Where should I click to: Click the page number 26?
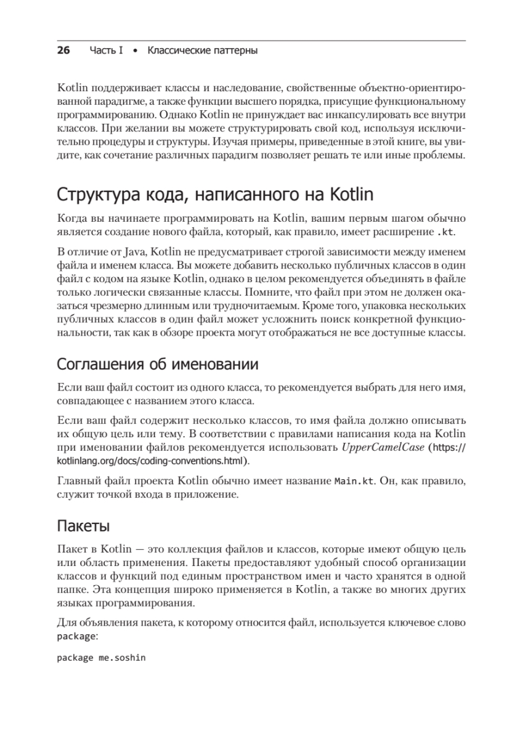pyautogui.click(x=64, y=50)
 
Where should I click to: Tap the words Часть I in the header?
pyautogui.click(x=106, y=50)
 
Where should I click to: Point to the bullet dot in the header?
pyautogui.click(x=136, y=50)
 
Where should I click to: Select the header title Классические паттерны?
pyautogui.click(x=203, y=50)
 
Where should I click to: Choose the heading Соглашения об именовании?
pyautogui.click(x=157, y=364)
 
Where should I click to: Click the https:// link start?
pyautogui.click(x=450, y=447)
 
